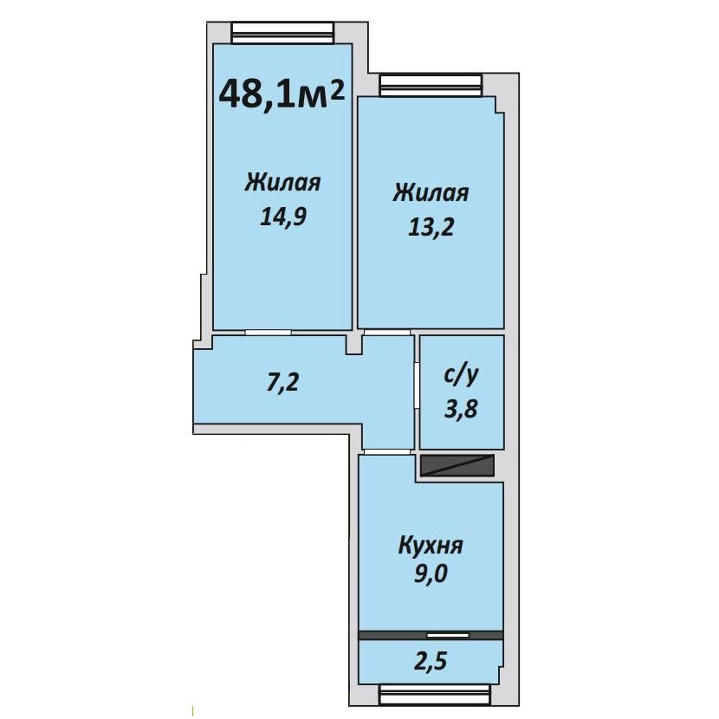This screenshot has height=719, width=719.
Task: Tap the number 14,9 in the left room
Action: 283,217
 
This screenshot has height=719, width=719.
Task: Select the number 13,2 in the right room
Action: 431,227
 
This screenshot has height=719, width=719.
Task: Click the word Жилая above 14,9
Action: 282,183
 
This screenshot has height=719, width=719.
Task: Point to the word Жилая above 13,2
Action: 431,193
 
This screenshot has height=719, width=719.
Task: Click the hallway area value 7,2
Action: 283,382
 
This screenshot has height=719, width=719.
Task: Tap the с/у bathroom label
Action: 461,376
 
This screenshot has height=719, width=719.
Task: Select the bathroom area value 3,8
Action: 461,409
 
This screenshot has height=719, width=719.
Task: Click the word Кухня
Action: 431,546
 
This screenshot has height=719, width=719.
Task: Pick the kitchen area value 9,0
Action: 431,573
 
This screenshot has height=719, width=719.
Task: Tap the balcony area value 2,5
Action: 431,662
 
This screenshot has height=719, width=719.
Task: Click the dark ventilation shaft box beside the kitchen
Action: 457,465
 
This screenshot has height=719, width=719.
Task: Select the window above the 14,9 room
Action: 282,33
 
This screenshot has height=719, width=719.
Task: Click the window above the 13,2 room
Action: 431,86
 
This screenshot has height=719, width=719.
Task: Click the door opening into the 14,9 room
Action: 269,332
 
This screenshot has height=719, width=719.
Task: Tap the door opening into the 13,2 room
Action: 387,332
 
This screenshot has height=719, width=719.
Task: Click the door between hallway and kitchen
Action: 387,452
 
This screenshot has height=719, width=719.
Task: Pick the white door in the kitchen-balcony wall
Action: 448,635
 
